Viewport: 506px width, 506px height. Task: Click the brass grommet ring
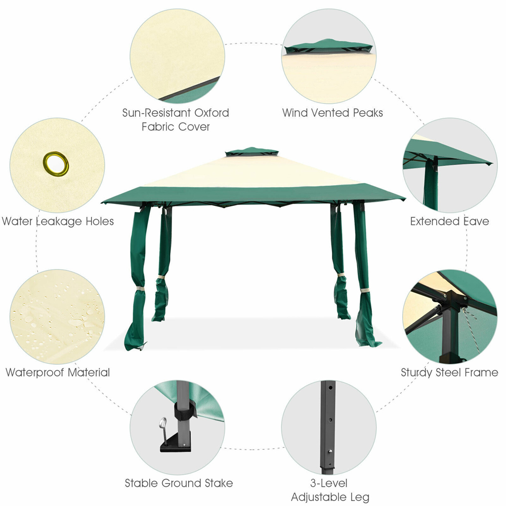coord(56,163)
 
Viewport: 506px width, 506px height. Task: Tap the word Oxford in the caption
coord(212,113)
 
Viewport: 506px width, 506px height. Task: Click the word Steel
coord(448,373)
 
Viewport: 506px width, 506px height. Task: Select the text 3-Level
coord(329,483)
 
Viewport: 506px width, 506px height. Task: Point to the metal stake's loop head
coord(163,423)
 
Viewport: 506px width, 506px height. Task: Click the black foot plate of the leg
coord(176,443)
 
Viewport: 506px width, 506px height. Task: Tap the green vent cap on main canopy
coord(251,152)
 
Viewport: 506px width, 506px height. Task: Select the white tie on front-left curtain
coord(140,288)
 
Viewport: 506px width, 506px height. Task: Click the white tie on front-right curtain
coord(365,290)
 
